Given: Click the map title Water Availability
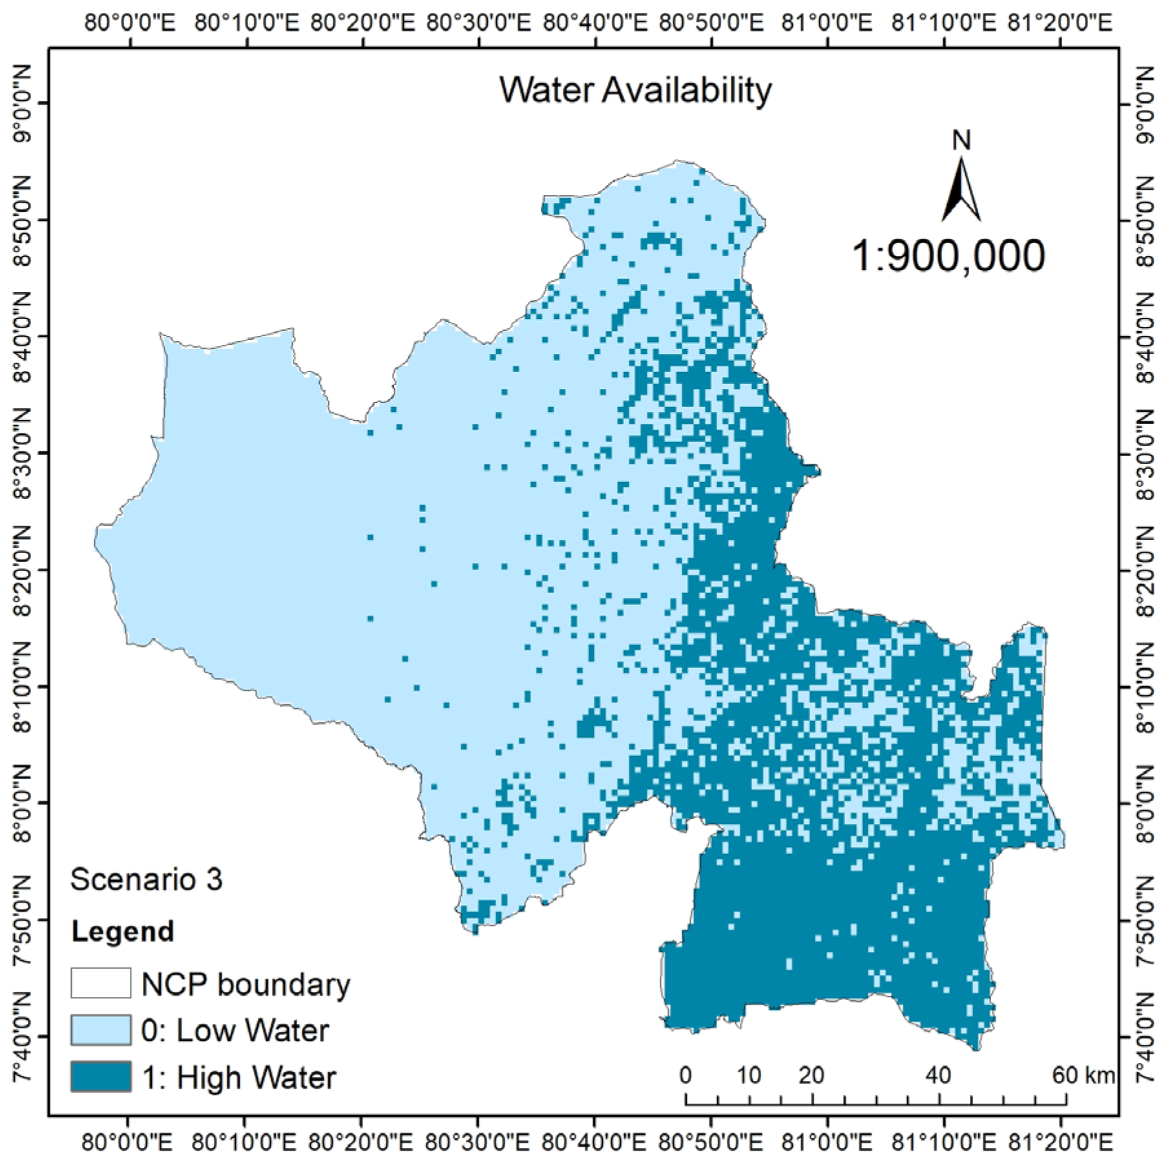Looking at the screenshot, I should pyautogui.click(x=635, y=90).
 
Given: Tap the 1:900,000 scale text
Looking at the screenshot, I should pyautogui.click(x=948, y=255).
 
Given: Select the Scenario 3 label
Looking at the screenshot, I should pyautogui.click(x=146, y=879).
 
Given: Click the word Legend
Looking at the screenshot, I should pyautogui.click(x=123, y=932).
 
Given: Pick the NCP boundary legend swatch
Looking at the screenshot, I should pyautogui.click(x=101, y=983).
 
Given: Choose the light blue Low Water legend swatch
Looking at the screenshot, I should pyautogui.click(x=101, y=1031).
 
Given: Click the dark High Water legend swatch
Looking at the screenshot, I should pyautogui.click(x=101, y=1077).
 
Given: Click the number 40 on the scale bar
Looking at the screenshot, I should pyautogui.click(x=938, y=1076).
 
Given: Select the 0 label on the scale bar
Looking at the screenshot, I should pyautogui.click(x=686, y=1076).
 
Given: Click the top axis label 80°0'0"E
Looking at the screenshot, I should pyautogui.click(x=130, y=23).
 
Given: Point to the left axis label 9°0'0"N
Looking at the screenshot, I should pyautogui.click(x=23, y=103).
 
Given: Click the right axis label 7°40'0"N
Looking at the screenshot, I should pyautogui.click(x=1142, y=1037).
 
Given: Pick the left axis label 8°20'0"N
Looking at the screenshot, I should pyautogui.click(x=23, y=570).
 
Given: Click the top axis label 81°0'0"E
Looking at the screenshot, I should pyautogui.click(x=828, y=23).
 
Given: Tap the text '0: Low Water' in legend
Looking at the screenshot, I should pyautogui.click(x=235, y=1031).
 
